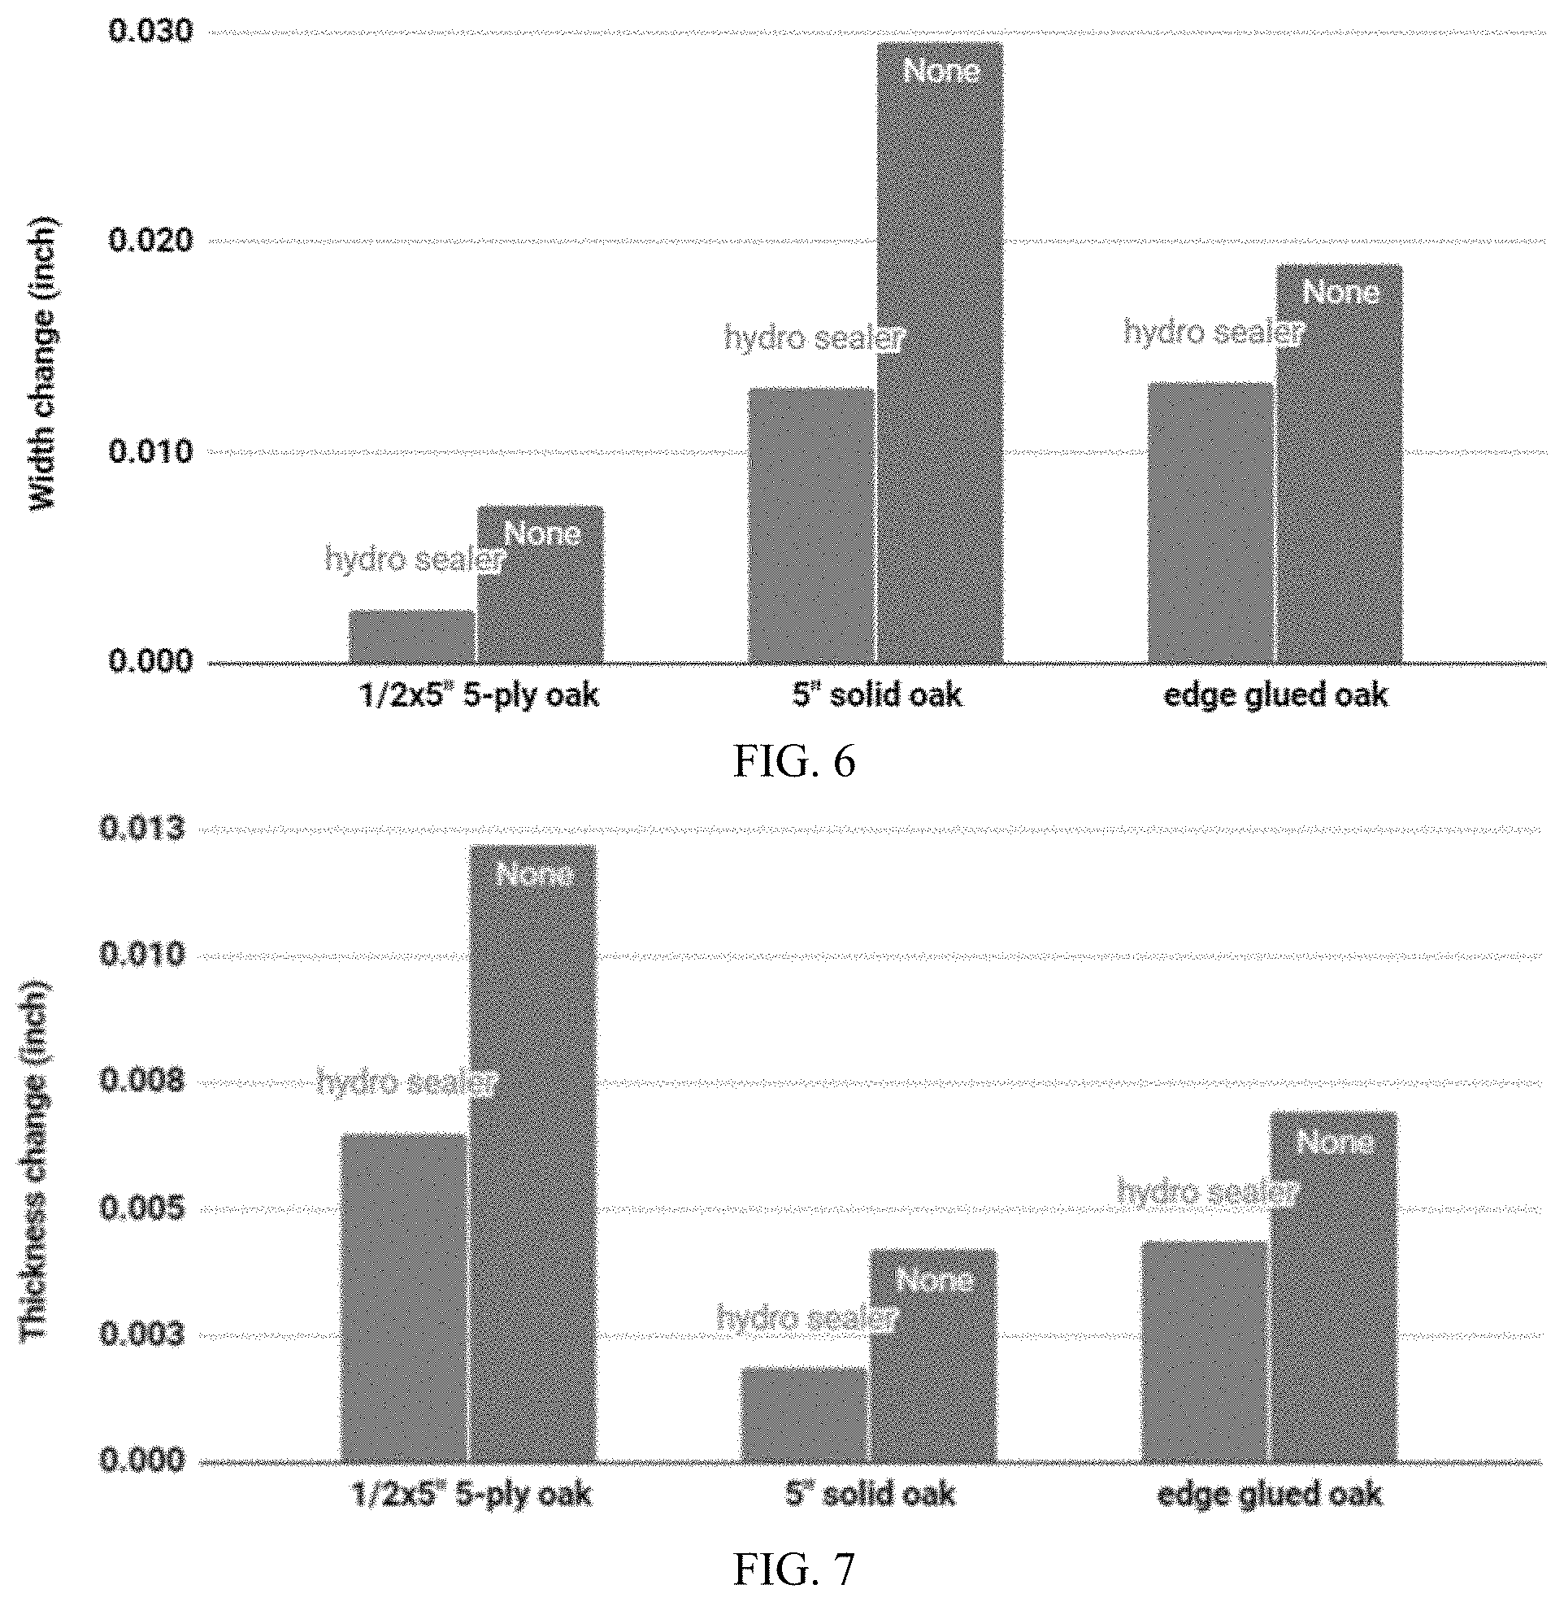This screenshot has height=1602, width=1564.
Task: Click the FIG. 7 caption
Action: [x=793, y=1569]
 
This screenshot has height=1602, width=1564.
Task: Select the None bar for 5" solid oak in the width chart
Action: [x=940, y=352]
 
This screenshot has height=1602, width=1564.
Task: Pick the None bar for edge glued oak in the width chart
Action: [x=1340, y=464]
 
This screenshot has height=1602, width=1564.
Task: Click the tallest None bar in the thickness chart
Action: [x=532, y=1153]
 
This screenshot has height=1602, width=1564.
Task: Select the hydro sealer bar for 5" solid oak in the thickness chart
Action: [x=804, y=1415]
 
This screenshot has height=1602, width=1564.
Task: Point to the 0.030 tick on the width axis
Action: [x=150, y=32]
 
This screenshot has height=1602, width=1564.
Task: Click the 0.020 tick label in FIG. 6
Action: [x=150, y=241]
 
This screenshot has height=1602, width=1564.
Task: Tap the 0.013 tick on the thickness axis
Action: [x=142, y=828]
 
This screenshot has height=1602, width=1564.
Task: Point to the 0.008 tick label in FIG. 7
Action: [x=142, y=1081]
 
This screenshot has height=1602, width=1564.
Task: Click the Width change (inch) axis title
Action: [x=44, y=364]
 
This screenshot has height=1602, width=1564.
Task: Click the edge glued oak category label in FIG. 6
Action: [x=1275, y=696]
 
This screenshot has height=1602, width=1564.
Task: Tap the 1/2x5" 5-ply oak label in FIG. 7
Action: [x=471, y=1495]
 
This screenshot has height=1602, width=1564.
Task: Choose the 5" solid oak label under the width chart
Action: [x=876, y=695]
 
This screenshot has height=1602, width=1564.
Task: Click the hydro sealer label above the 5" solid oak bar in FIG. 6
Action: [x=813, y=337]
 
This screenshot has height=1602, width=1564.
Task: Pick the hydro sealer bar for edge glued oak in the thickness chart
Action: [x=1204, y=1352]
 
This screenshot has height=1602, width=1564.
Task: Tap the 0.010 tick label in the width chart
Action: [x=150, y=451]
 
